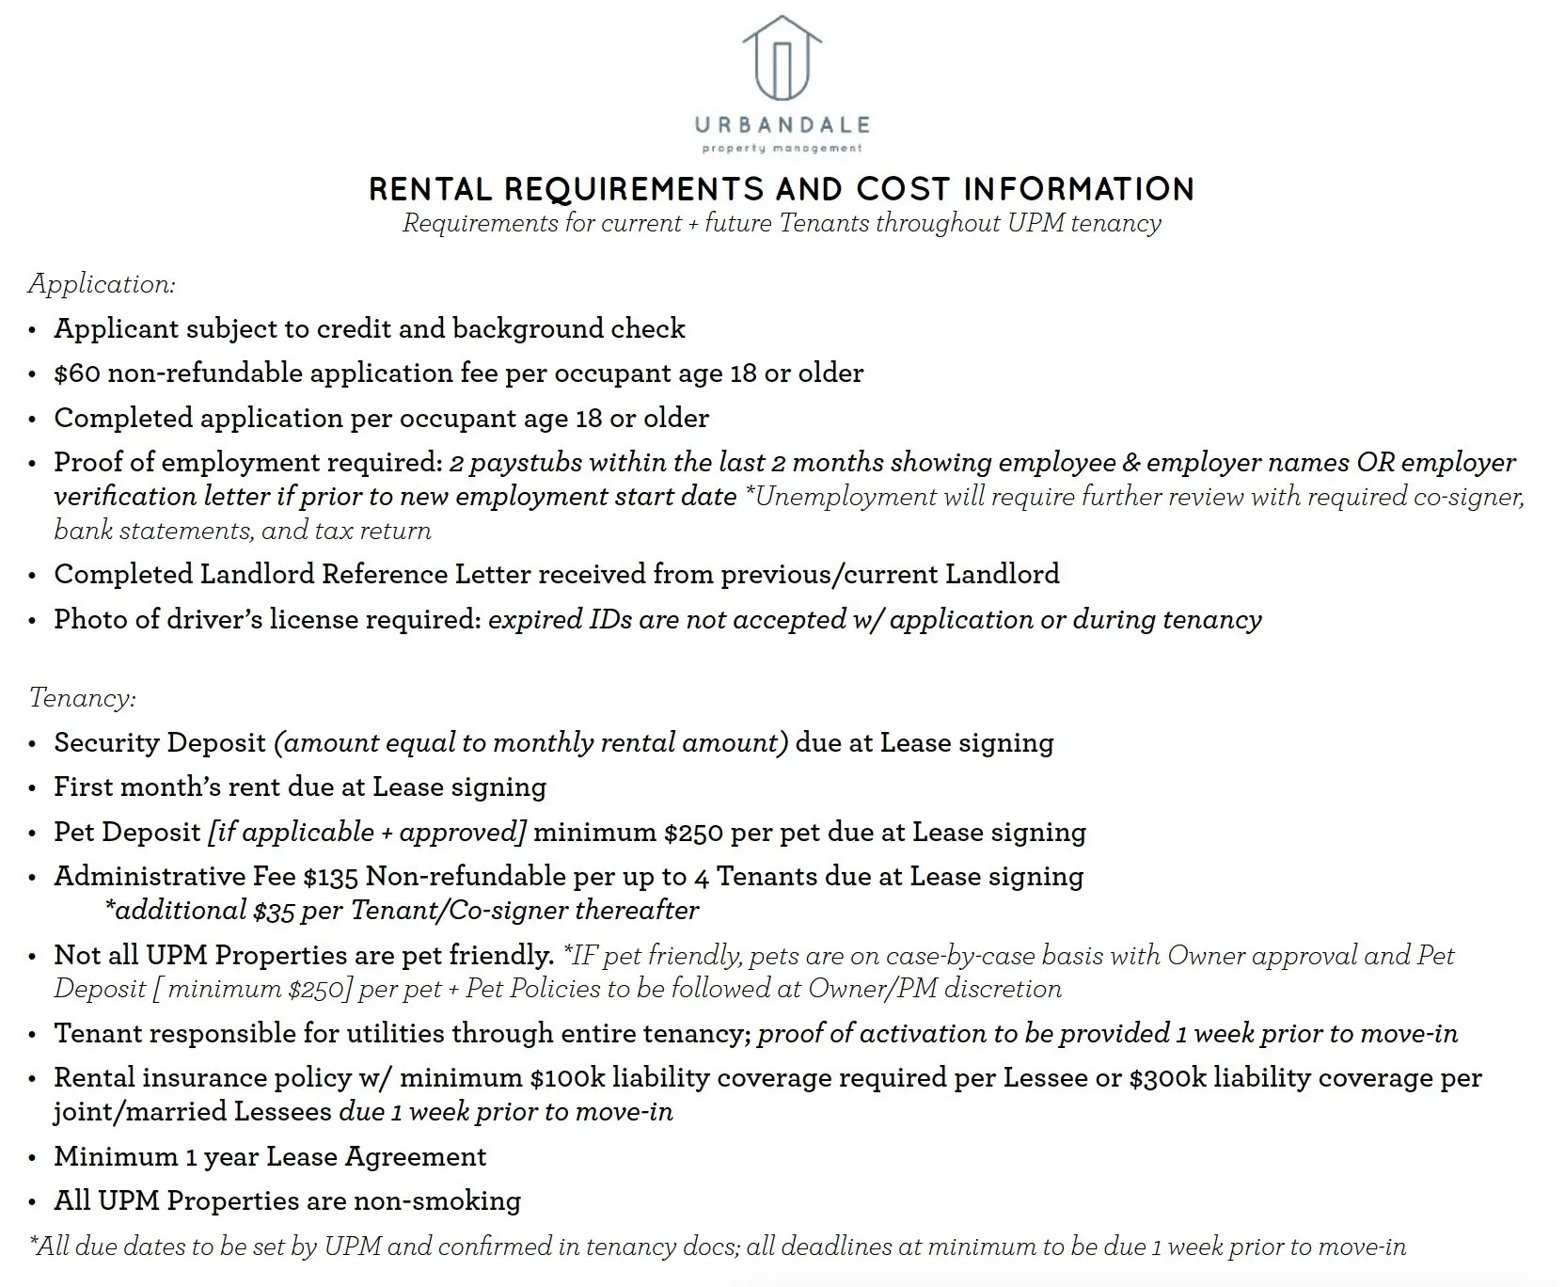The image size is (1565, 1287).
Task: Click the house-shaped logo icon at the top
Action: point(782,58)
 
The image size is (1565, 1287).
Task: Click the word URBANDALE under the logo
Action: point(782,125)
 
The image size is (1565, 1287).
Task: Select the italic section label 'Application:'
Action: point(102,283)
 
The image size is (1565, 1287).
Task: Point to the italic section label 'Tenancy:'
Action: point(83,697)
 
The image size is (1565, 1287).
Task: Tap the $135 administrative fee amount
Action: point(330,877)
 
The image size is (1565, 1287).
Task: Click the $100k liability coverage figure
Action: point(562,1078)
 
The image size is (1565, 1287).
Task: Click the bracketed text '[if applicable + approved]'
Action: point(367,833)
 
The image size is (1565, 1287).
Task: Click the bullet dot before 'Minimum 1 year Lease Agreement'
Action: point(33,1158)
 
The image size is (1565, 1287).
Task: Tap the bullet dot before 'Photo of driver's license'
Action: point(33,621)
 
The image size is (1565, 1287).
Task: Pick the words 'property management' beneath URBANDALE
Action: point(782,148)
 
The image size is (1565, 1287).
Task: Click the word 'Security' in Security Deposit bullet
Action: point(103,742)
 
